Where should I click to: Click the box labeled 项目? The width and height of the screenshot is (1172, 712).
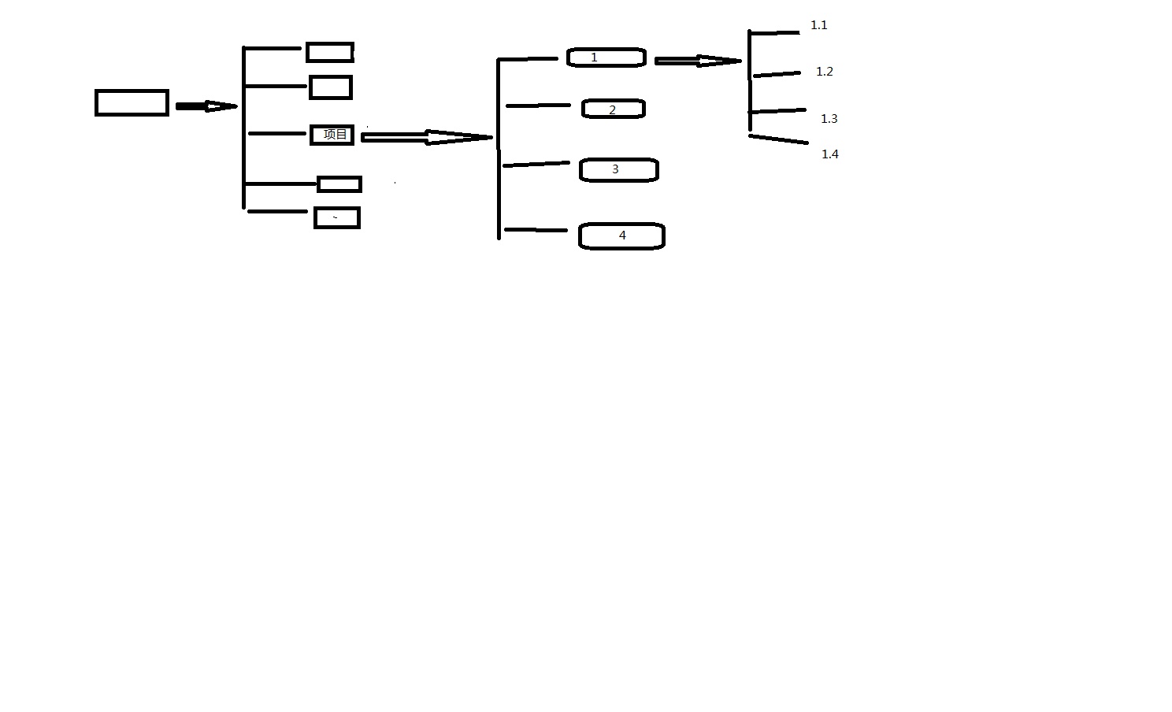point(332,135)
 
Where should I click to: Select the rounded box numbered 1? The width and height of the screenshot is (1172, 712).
point(606,57)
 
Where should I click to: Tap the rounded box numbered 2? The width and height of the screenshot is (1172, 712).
point(613,109)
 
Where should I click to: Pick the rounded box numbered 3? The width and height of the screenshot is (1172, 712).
point(618,169)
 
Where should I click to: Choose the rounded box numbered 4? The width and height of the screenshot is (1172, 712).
point(621,235)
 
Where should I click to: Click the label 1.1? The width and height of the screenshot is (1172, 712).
point(819,25)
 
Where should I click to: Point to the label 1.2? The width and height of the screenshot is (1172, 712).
point(824,72)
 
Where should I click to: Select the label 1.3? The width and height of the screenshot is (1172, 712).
point(829,119)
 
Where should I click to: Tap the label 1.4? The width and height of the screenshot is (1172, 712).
point(830,154)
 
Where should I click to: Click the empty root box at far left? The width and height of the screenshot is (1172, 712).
point(132,103)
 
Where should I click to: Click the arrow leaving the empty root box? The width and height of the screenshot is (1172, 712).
point(206,106)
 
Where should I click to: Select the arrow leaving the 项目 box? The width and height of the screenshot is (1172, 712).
point(426,138)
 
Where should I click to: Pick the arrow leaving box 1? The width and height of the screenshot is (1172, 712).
point(697,61)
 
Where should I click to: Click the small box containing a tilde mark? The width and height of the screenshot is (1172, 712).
point(337,218)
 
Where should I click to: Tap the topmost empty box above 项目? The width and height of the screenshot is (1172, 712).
point(330,53)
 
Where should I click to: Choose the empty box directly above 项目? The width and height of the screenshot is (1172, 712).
point(331,87)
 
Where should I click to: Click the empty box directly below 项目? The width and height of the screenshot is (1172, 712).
point(339,184)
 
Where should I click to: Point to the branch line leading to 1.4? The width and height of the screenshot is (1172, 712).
point(778,139)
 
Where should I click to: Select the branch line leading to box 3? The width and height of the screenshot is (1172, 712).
point(536,164)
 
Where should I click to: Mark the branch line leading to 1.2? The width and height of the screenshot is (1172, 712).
point(777,74)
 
